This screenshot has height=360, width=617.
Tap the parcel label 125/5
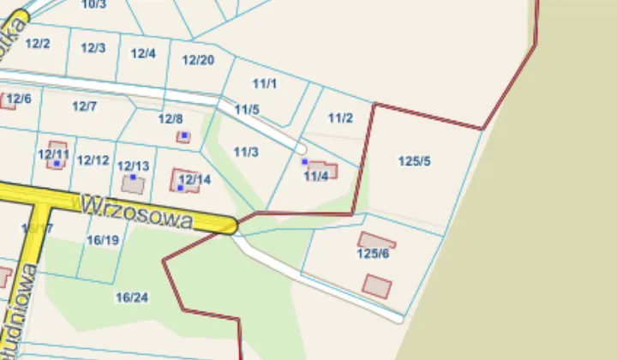pyautogui.click(x=415, y=161)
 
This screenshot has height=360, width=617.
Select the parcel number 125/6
pyautogui.click(x=373, y=254)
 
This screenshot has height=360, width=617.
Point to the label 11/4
pyautogui.click(x=316, y=176)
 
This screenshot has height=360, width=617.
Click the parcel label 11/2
pyautogui.click(x=341, y=117)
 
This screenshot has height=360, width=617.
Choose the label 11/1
pyautogui.click(x=265, y=83)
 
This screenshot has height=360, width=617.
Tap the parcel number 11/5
pyautogui.click(x=247, y=110)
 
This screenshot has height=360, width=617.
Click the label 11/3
pyautogui.click(x=246, y=152)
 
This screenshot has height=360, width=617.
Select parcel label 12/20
pyautogui.click(x=198, y=60)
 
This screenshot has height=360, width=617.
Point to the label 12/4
pyautogui.click(x=143, y=53)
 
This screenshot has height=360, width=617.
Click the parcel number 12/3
pyautogui.click(x=93, y=48)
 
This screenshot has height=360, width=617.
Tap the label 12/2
pyautogui.click(x=38, y=43)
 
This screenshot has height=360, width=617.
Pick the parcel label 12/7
pyautogui.click(x=84, y=106)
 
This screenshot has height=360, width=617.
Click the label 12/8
pyautogui.click(x=171, y=119)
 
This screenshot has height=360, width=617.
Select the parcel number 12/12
pyautogui.click(x=93, y=160)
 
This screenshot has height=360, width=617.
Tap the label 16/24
pyautogui.click(x=132, y=297)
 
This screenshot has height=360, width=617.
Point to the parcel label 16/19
pyautogui.click(x=103, y=240)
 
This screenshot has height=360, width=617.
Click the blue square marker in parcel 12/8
pyautogui.click(x=184, y=135)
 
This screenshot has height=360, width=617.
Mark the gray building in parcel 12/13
pyautogui.click(x=133, y=183)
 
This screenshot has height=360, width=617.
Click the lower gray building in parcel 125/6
pyautogui.click(x=376, y=285)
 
